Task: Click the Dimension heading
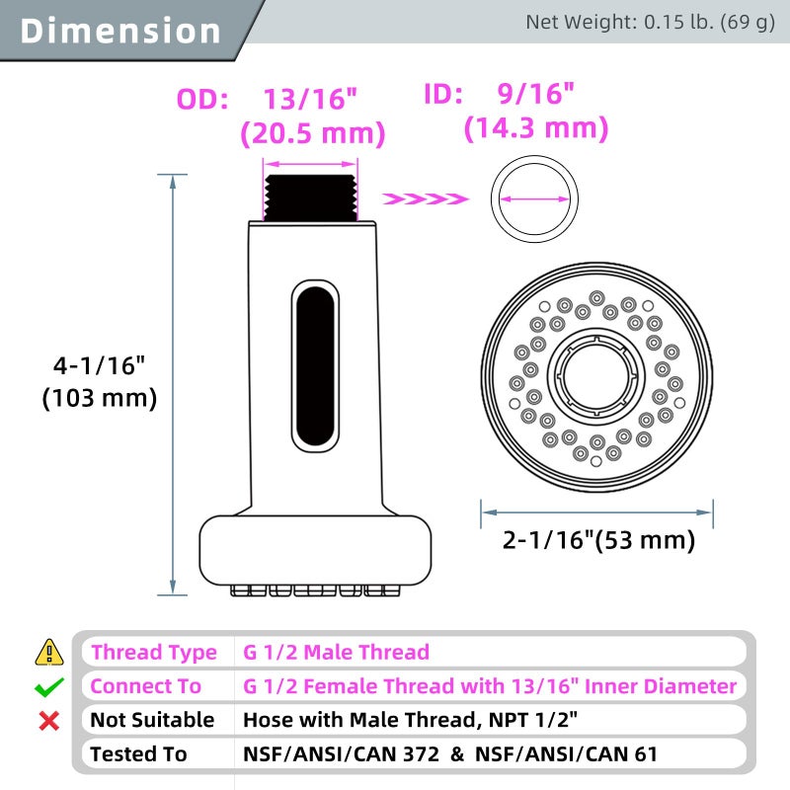[x=120, y=30]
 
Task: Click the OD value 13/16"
[x=308, y=100]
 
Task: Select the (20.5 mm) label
[x=312, y=133]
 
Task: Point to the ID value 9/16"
[x=534, y=95]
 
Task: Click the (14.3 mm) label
[x=536, y=128]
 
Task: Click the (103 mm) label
[x=99, y=398]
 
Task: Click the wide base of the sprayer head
[x=316, y=552]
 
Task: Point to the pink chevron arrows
[x=424, y=199]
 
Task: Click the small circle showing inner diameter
[x=534, y=198]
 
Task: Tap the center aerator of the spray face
[x=595, y=378]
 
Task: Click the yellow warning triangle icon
[x=48, y=652]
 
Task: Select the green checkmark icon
[x=48, y=686]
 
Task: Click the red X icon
[x=48, y=721]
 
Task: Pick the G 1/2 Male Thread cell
[x=337, y=652]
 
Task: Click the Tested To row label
[x=138, y=754]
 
